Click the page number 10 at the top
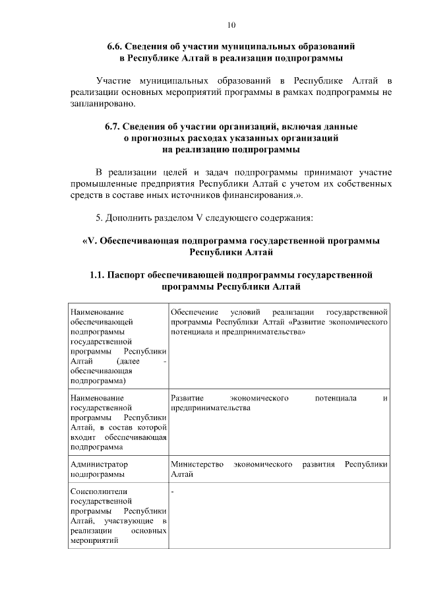[231, 25]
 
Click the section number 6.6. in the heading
[119, 47]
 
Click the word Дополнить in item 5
[129, 217]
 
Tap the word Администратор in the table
[99, 464]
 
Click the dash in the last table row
[171, 491]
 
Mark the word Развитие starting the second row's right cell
[187, 398]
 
